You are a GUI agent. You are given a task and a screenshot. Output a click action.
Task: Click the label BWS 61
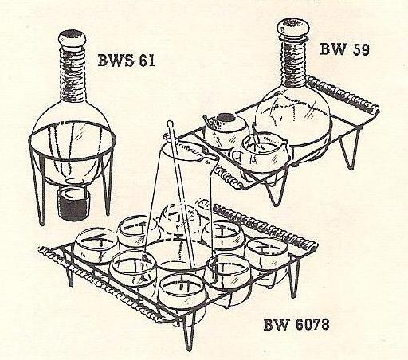point(126,61)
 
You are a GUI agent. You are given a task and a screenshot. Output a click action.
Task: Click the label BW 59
point(344,49)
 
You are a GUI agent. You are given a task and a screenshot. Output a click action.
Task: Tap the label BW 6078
point(296,324)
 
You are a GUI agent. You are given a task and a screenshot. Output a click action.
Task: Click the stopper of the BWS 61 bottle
point(72,38)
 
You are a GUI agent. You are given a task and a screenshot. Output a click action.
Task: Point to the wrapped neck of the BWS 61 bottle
point(73,75)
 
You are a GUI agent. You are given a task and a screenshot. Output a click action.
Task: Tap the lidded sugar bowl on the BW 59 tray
point(226,130)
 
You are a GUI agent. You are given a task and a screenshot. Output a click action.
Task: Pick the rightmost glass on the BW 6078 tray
point(267,257)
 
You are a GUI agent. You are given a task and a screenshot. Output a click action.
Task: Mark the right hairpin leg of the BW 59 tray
point(350,149)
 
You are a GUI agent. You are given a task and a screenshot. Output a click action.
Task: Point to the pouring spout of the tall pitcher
point(210,157)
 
